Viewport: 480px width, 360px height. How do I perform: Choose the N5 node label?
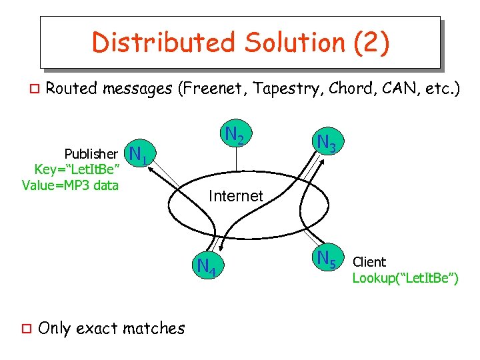[x=327, y=258]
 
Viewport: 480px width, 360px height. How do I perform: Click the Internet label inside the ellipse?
[x=235, y=196]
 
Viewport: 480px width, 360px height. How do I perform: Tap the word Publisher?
[x=91, y=154]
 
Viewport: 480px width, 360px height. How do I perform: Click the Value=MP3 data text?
[x=70, y=185]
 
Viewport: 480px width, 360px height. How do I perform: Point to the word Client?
[x=369, y=262]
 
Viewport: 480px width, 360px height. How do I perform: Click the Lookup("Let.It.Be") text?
[x=405, y=278]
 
